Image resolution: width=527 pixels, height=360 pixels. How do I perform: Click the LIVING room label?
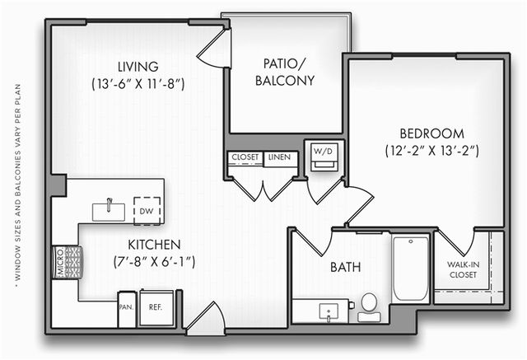click(138, 67)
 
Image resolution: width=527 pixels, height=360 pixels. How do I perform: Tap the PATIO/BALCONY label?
click(285, 72)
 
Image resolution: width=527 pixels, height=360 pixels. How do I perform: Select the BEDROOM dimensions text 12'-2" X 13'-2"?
click(431, 150)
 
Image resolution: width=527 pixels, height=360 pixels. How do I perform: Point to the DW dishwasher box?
click(147, 211)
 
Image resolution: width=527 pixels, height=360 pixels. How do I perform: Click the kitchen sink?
click(109, 212)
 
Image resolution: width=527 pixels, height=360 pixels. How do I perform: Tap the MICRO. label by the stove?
click(60, 263)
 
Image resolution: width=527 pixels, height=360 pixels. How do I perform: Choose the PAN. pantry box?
click(127, 308)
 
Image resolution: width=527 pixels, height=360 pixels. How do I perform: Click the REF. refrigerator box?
click(156, 308)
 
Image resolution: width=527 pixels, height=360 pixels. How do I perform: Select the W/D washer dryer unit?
click(324, 157)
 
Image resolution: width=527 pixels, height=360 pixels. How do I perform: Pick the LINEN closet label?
click(280, 157)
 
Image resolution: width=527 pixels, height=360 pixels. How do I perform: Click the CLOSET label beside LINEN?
click(245, 157)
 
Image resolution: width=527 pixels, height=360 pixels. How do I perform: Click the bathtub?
click(411, 269)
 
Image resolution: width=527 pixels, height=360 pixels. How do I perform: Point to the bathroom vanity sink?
click(329, 312)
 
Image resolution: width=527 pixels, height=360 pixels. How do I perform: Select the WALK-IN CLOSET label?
click(463, 269)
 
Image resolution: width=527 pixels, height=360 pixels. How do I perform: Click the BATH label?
click(346, 267)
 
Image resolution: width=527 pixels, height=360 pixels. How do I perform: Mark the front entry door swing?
click(205, 318)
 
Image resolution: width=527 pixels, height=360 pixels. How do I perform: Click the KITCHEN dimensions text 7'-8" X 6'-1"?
click(154, 261)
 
